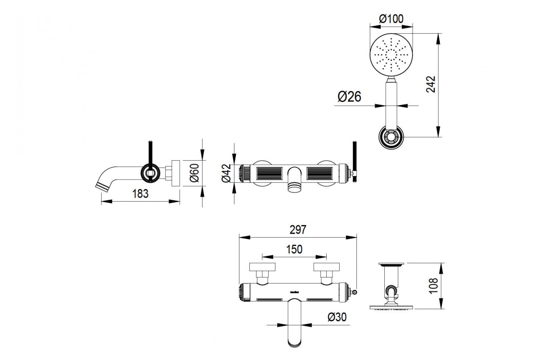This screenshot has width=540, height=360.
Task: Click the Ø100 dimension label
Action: tap(391, 18)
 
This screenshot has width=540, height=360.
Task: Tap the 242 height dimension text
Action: tap(431, 84)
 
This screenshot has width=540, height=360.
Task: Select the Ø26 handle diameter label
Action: tap(349, 97)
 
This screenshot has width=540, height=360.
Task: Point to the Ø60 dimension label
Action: tap(194, 173)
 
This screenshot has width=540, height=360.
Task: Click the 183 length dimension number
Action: tap(140, 193)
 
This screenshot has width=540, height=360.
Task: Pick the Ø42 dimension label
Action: tap(227, 173)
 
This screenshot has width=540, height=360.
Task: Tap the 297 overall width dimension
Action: tap(298, 230)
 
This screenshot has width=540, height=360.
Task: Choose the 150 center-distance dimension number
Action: tap(294, 249)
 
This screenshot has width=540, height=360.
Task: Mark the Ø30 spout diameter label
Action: tap(337, 317)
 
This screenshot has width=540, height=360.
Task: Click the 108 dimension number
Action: tap(433, 286)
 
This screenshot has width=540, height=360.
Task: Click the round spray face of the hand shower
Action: tap(391, 55)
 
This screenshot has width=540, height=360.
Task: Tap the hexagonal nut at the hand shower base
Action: tap(391, 137)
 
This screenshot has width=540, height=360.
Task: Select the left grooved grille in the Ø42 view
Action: tap(269, 173)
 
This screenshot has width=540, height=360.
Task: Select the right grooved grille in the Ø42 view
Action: tap(319, 173)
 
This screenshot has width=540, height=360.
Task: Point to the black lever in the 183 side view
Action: tap(150, 160)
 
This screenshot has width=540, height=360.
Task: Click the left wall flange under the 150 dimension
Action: tap(262, 267)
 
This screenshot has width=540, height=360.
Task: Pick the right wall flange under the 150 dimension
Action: tap(326, 267)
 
